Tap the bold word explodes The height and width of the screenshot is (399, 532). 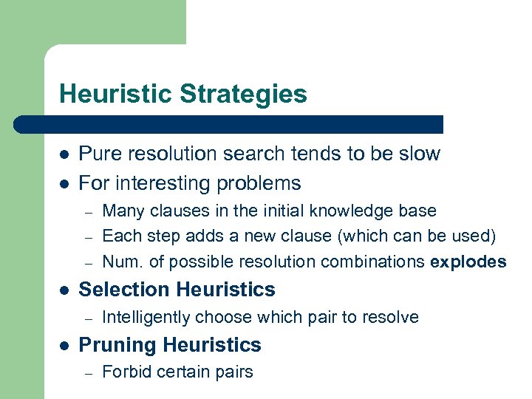point(468,262)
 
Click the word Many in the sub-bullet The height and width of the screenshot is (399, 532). point(123,211)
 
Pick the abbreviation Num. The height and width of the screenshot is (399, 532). point(120,262)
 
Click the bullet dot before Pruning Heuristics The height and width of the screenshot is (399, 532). point(64,346)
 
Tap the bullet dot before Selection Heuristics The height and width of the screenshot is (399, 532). point(64,290)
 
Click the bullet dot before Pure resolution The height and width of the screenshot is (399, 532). point(64,154)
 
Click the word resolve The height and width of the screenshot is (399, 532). point(392,318)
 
